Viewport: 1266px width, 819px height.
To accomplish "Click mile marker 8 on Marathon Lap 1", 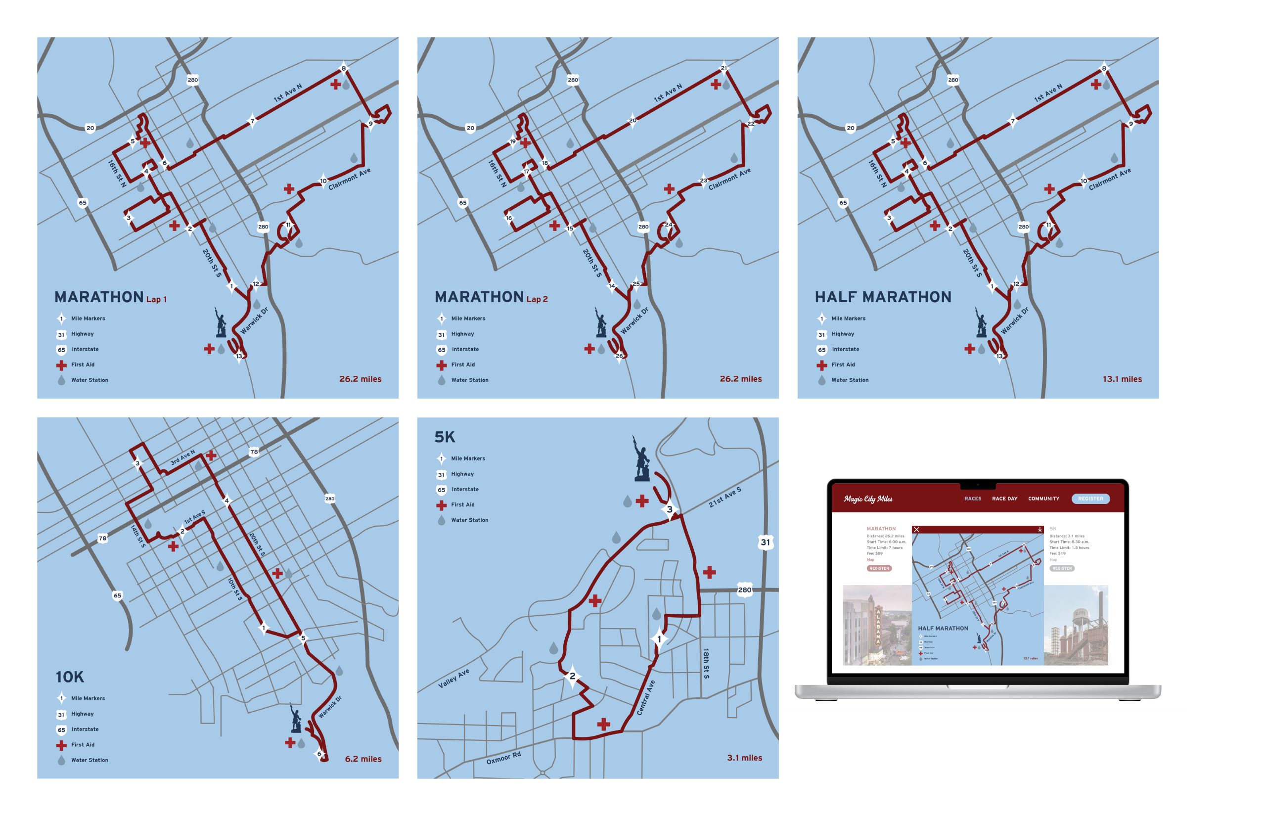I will tap(344, 68).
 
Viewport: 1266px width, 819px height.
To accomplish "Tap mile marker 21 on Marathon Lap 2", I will tap(723, 68).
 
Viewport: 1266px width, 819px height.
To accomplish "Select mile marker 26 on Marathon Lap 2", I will tap(619, 356).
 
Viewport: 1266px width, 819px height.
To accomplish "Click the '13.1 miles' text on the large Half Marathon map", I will tap(1122, 379).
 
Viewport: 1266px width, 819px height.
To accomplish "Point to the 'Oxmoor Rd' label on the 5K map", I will tap(503, 758).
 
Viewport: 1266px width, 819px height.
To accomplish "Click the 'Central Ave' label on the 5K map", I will tap(645, 697).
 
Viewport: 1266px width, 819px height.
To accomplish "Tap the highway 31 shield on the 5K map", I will tap(765, 543).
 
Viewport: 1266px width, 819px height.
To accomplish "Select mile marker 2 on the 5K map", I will tap(572, 677).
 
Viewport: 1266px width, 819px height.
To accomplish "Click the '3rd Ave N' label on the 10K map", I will tap(182, 458).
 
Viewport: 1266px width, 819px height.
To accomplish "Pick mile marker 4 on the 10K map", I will tap(226, 500).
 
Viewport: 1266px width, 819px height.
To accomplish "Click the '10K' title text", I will tap(70, 677).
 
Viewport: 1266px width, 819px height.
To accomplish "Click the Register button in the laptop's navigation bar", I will tap(1090, 499).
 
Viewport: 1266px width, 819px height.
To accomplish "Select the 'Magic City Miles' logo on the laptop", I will tap(868, 499).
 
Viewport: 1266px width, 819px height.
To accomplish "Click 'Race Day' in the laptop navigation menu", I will tap(1004, 499).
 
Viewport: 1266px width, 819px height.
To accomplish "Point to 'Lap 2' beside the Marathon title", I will tap(537, 299).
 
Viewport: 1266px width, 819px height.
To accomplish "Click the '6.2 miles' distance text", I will tap(363, 759).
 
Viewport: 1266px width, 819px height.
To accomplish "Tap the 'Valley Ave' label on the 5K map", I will tap(453, 679).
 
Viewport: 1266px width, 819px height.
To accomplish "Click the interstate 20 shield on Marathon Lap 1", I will tap(90, 128).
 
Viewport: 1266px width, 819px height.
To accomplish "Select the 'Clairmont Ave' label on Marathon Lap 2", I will tap(729, 179).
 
